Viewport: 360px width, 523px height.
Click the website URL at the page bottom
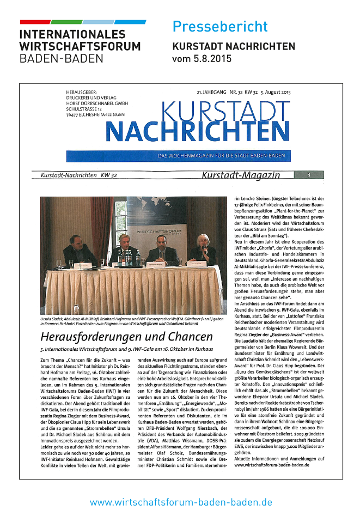pyautogui.click(x=181, y=502)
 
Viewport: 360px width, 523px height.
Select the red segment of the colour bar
pyautogui.click(x=35, y=22)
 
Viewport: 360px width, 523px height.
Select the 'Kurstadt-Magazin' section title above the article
pyautogui.click(x=241, y=175)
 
